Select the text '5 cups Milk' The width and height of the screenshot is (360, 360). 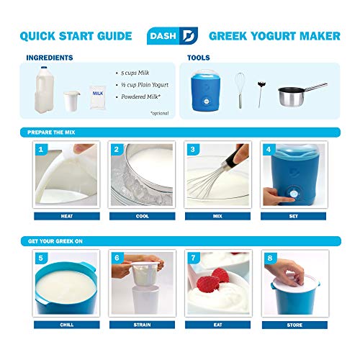point(135,73)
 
